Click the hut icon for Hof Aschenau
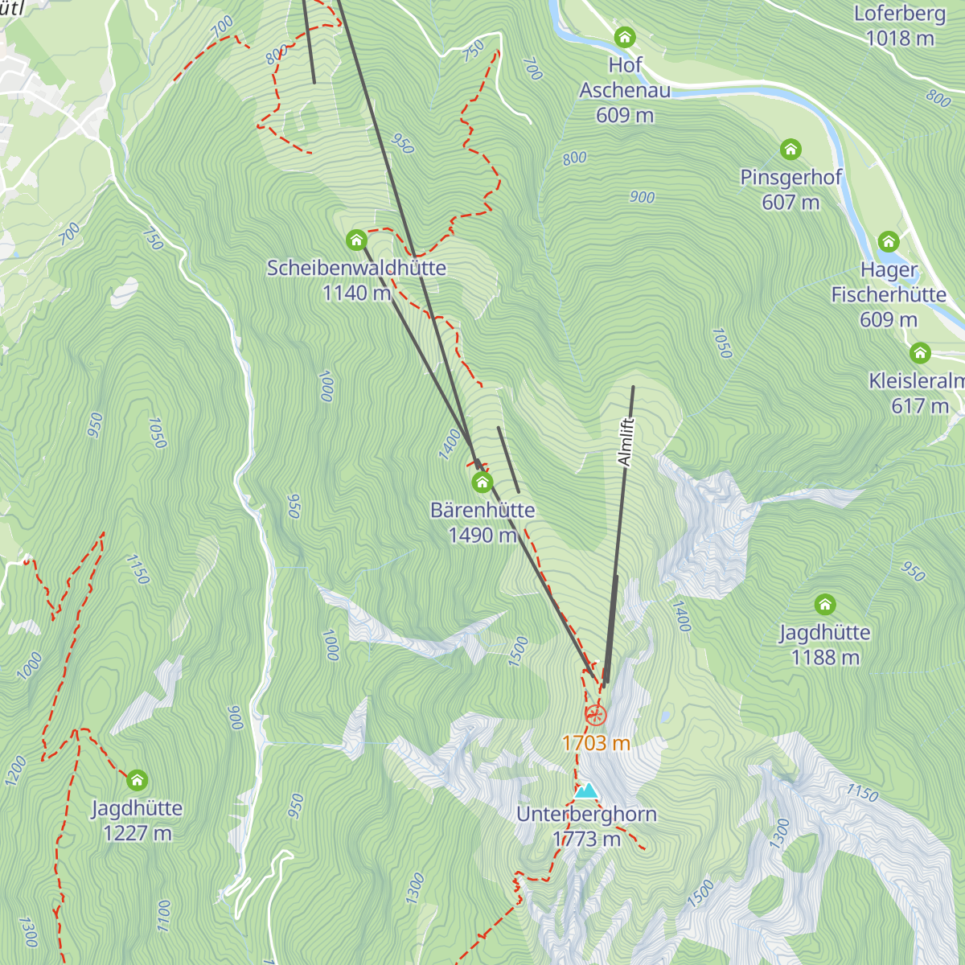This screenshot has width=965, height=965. click(625, 37)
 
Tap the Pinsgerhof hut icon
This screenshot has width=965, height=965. click(790, 150)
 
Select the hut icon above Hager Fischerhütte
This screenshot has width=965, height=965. click(888, 242)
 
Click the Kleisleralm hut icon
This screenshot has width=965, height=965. click(920, 353)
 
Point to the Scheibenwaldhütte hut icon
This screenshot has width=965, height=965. click(355, 240)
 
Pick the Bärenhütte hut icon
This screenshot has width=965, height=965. click(482, 482)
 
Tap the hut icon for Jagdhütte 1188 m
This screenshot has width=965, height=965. click(824, 605)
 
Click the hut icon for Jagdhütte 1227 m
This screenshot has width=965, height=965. click(137, 780)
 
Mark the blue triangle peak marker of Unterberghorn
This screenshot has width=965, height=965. click(587, 791)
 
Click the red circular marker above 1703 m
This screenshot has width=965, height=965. click(595, 714)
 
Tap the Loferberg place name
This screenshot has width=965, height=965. click(900, 14)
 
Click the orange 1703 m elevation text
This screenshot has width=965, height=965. click(596, 743)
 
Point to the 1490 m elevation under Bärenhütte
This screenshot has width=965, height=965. click(482, 535)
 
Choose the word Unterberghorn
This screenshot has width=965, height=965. click(586, 814)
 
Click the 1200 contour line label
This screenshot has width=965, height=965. click(15, 770)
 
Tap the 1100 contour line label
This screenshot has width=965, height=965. click(164, 916)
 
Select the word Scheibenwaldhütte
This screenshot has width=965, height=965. click(356, 268)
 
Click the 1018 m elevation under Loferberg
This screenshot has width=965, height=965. click(900, 38)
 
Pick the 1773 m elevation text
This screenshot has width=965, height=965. click(586, 839)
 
